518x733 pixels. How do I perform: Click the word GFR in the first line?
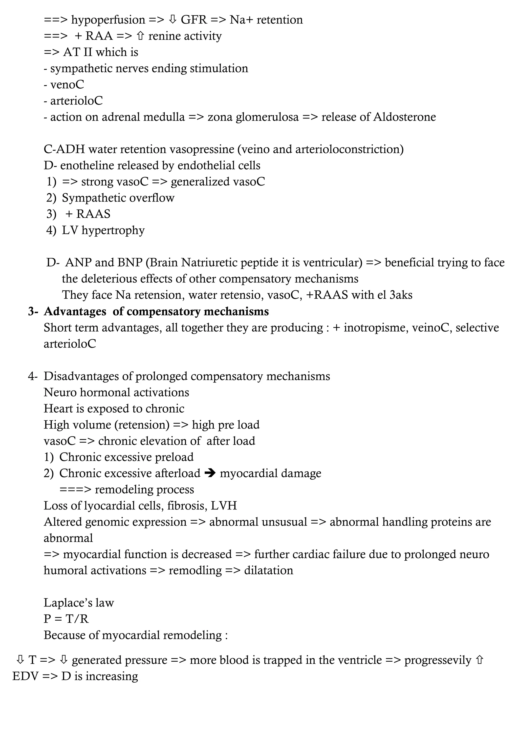pyautogui.click(x=193, y=20)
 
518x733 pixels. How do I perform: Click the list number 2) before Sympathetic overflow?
pyautogui.click(x=51, y=198)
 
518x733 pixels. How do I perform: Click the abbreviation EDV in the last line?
pyautogui.click(x=25, y=676)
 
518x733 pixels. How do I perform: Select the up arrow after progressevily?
pyautogui.click(x=479, y=660)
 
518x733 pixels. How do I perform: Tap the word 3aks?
pyautogui.click(x=401, y=295)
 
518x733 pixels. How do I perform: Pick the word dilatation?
pyautogui.click(x=268, y=571)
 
